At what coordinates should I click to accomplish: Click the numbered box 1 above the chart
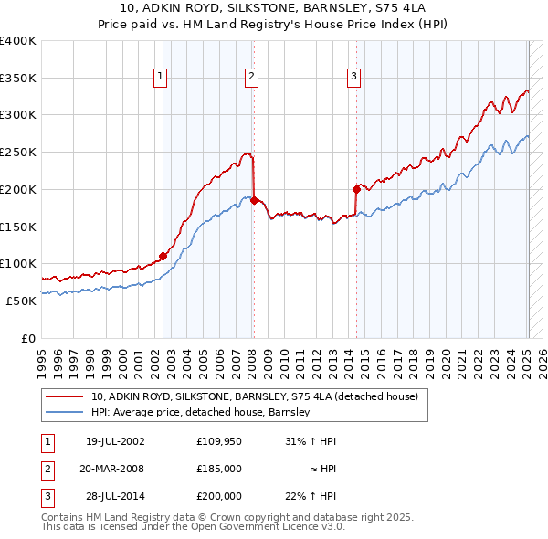[160, 77]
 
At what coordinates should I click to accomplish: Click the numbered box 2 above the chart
[251, 77]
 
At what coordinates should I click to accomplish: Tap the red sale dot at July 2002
[163, 256]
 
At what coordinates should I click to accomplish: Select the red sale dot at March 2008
[254, 200]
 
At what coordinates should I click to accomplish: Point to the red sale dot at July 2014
[356, 189]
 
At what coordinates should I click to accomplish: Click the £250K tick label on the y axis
[17, 153]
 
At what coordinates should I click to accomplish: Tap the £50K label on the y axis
[20, 301]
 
